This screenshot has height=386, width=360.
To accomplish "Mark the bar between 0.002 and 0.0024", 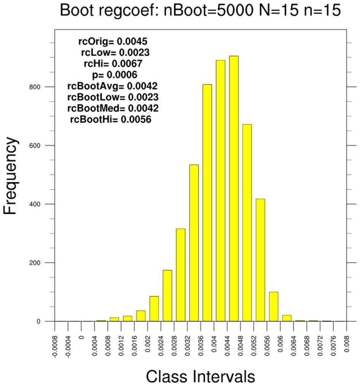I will tap(154, 308).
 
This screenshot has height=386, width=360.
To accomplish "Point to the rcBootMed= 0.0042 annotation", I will tap(113, 108).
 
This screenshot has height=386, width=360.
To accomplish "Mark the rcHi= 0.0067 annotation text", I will tap(113, 63).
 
